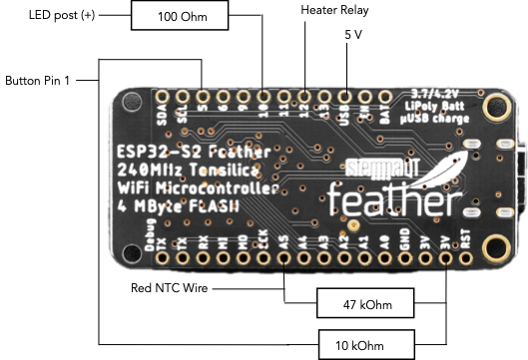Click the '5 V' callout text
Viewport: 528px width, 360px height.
pyautogui.click(x=352, y=34)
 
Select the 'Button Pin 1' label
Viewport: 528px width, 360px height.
pyautogui.click(x=38, y=79)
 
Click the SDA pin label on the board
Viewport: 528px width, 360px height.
pyautogui.click(x=163, y=117)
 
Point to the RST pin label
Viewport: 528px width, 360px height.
pyautogui.click(x=465, y=241)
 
